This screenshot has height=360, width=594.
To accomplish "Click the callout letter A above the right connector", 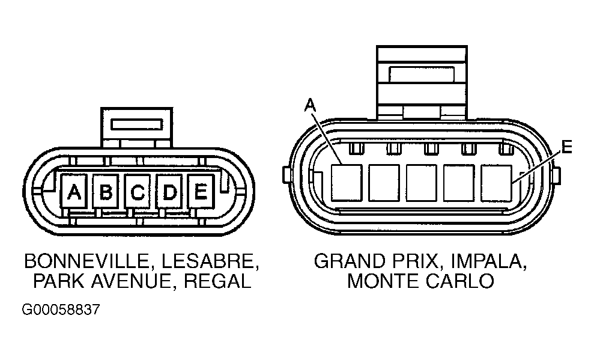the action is click(x=311, y=105).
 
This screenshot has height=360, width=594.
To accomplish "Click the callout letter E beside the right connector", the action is click(x=566, y=147).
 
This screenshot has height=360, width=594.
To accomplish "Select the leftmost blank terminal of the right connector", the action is click(x=347, y=183).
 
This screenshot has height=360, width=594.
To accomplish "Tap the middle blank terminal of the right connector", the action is click(x=421, y=183).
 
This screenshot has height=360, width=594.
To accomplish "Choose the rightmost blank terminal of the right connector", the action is click(x=496, y=183).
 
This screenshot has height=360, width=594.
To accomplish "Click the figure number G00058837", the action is click(x=61, y=310).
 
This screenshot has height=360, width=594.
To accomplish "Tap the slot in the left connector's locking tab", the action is click(x=137, y=124).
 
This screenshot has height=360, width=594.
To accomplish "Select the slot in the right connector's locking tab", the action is click(x=421, y=75).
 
